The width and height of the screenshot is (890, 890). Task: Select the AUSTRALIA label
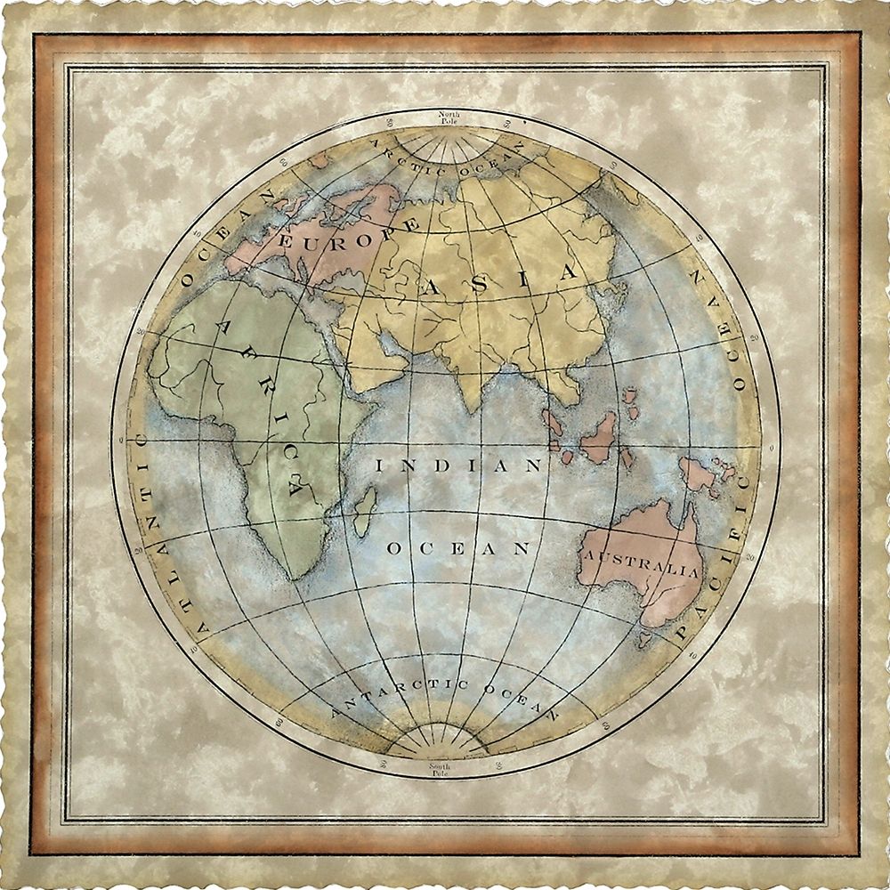tap(641, 562)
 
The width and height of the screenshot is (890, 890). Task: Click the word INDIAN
tap(458, 465)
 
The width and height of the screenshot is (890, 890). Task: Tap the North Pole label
tap(445, 117)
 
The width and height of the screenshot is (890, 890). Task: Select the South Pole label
tap(440, 770)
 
